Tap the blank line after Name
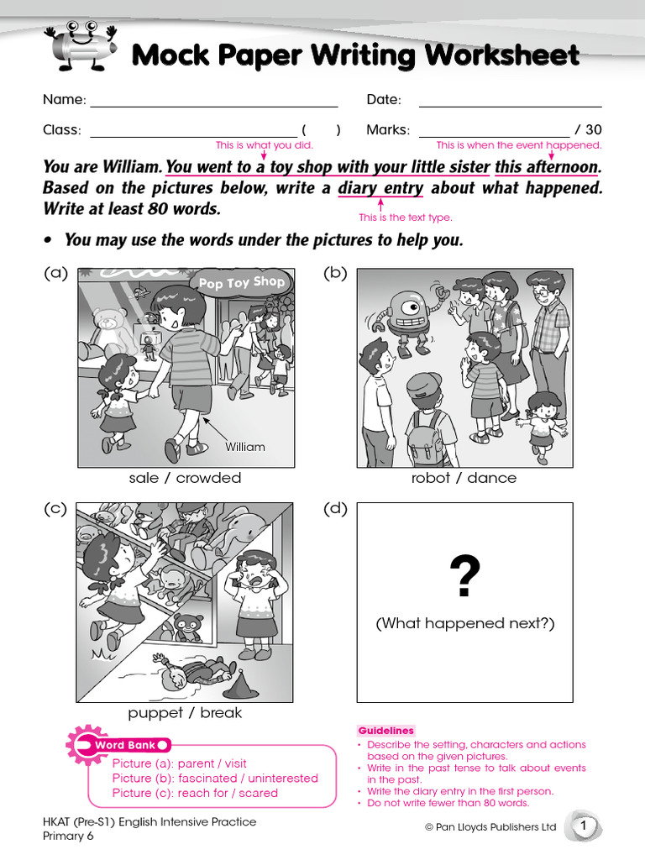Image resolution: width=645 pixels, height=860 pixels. pyautogui.click(x=213, y=102)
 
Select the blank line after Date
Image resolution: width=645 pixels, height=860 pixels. pyautogui.click(x=510, y=102)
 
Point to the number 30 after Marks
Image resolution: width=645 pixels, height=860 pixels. pyautogui.click(x=594, y=130)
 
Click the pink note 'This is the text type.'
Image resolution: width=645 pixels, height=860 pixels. pyautogui.click(x=406, y=218)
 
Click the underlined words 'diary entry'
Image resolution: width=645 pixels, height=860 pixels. pyautogui.click(x=380, y=188)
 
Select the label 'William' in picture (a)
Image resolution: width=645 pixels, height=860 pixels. pyautogui.click(x=244, y=447)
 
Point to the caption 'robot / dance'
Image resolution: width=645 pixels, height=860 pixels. pyautogui.click(x=464, y=478)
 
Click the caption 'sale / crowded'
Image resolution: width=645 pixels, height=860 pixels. pyautogui.click(x=185, y=478)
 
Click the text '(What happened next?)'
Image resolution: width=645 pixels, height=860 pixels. pyautogui.click(x=464, y=623)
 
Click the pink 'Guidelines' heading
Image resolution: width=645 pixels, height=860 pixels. pyautogui.click(x=386, y=731)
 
